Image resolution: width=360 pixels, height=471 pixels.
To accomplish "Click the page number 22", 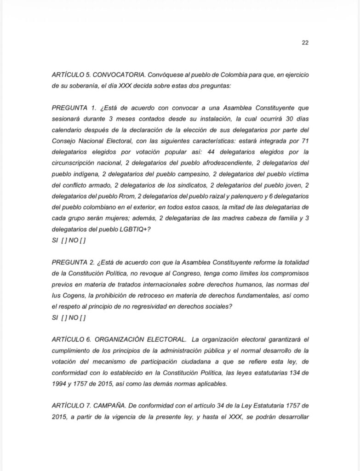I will click(x=305, y=42).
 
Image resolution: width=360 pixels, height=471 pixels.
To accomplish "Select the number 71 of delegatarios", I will click(x=305, y=141).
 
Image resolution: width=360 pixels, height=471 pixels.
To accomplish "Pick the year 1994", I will click(x=60, y=384).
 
